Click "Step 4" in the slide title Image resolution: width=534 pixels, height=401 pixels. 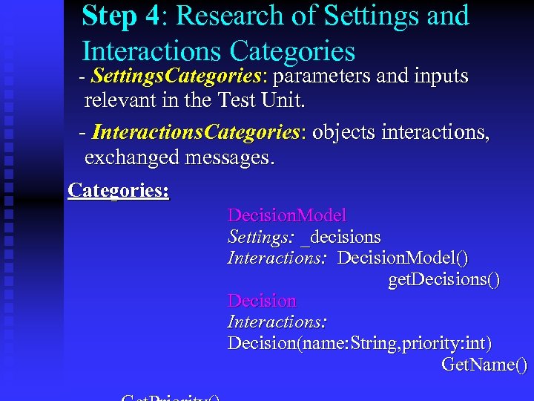pyautogui.click(x=120, y=15)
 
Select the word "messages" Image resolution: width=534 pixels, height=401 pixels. pyautogui.click(x=233, y=157)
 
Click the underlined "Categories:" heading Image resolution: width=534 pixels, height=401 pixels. pyautogui.click(x=119, y=190)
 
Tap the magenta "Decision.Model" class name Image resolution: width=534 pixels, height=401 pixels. pyautogui.click(x=287, y=215)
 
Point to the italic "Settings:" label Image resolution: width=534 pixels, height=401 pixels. pyautogui.click(x=261, y=237)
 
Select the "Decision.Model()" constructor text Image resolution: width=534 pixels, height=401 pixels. pyautogui.click(x=403, y=258)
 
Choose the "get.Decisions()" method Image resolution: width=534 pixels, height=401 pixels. pyautogui.click(x=444, y=279)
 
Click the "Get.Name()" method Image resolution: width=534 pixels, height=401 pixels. pyautogui.click(x=484, y=365)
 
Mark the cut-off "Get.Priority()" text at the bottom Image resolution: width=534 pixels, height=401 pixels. pyautogui.click(x=171, y=397)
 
